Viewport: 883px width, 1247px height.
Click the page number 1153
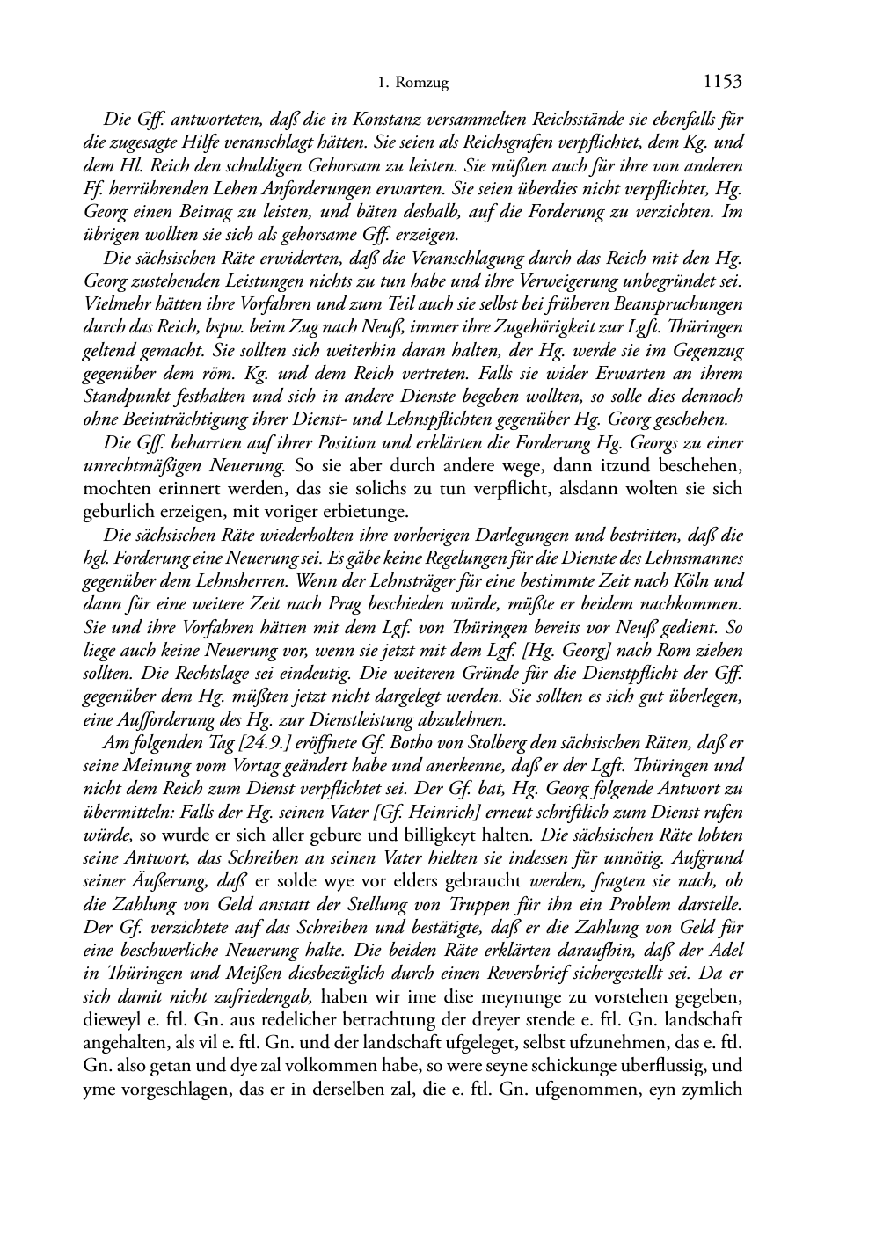coord(723,82)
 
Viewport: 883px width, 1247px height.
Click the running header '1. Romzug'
coord(412,84)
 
